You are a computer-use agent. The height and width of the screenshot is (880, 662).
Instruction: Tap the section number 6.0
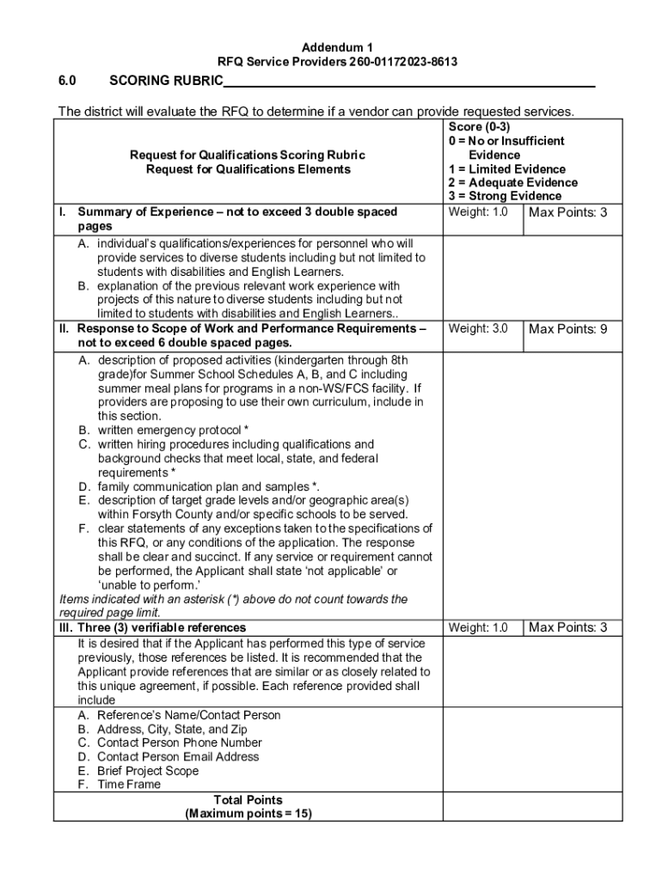[x=68, y=82]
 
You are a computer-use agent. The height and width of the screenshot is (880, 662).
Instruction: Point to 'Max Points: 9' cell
[x=568, y=329]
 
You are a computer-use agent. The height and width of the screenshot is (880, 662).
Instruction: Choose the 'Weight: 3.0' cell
[x=478, y=329]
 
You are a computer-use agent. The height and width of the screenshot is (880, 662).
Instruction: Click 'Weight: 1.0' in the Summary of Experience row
[x=478, y=212]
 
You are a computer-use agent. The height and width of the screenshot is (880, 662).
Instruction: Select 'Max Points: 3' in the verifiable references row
[x=568, y=628]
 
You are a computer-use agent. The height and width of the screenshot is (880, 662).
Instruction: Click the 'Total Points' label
[x=248, y=799]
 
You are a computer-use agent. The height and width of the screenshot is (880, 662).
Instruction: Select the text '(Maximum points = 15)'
[x=248, y=813]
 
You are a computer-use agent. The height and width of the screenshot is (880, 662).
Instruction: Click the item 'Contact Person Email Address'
[x=178, y=757]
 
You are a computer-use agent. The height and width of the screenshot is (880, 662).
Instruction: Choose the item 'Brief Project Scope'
[x=148, y=771]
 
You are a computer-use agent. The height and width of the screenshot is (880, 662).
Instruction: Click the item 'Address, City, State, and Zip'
[x=172, y=730]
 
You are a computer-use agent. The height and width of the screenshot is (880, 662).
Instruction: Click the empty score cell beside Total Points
[x=526, y=806]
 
